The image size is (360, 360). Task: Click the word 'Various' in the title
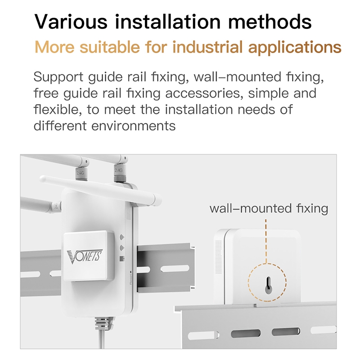tap(71, 22)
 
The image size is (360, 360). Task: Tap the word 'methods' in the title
tap(270, 22)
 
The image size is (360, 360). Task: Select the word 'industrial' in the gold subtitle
tap(207, 47)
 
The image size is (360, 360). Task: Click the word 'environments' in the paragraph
tap(133, 126)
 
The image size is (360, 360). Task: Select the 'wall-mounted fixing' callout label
tap(269, 209)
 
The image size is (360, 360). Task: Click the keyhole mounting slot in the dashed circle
tap(268, 285)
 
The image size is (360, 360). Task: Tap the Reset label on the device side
tap(131, 279)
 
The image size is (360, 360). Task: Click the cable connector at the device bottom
tap(104, 323)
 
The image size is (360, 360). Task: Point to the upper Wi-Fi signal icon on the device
tap(122, 237)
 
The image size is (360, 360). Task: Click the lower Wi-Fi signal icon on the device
tap(122, 248)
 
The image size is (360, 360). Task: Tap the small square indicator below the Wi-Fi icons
tap(122, 259)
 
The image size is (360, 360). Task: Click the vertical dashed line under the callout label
tap(266, 241)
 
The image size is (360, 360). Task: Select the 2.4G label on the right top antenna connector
tap(118, 171)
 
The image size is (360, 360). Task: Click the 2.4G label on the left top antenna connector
tap(80, 173)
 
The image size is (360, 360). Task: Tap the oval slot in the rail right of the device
tap(175, 268)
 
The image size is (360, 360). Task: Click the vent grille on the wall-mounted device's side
tap(218, 257)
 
